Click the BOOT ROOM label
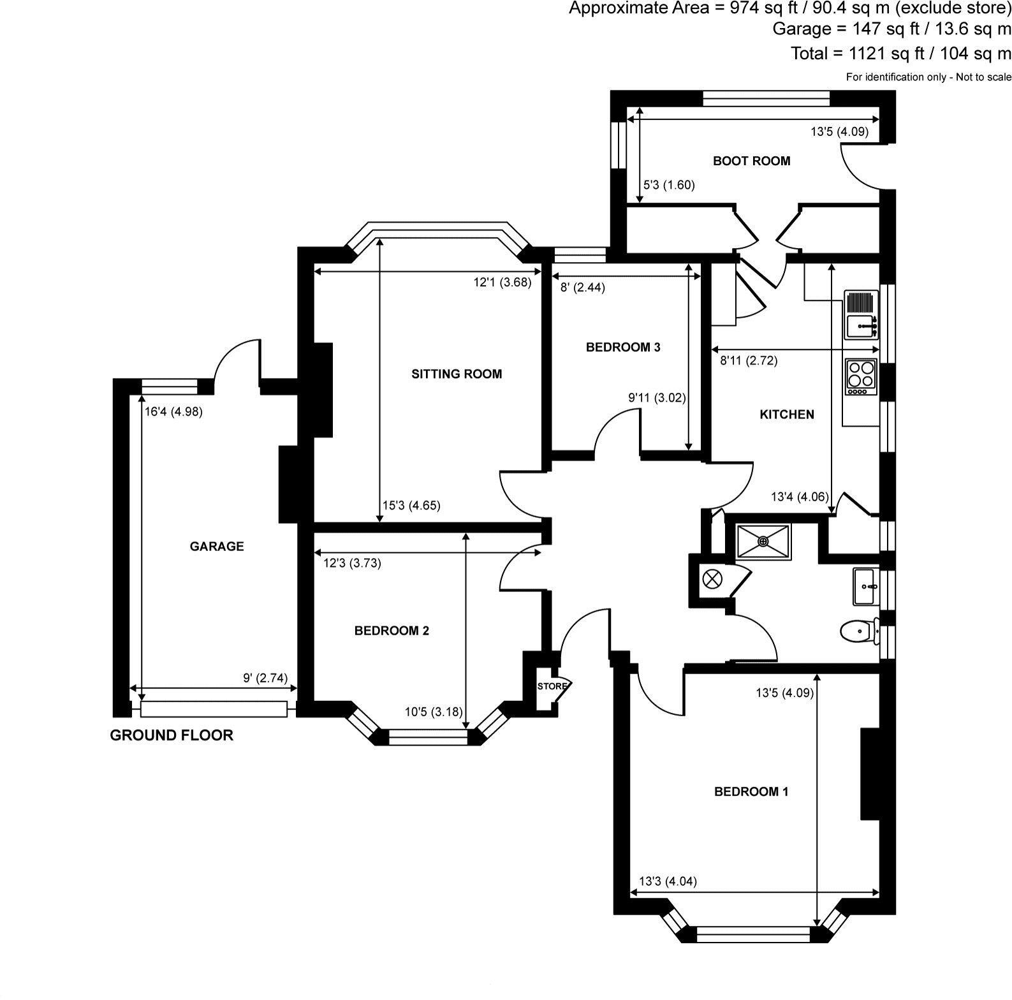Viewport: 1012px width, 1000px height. [x=751, y=161]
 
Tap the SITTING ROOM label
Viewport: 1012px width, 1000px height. [x=456, y=374]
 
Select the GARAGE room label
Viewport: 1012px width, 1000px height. [x=217, y=546]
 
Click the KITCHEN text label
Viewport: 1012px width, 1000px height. [x=787, y=415]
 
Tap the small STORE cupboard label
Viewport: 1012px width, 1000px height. [x=552, y=686]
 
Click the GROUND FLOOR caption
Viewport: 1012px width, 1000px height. [x=172, y=735]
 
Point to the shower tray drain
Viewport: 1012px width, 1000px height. [x=763, y=542]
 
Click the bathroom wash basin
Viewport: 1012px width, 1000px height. [x=865, y=586]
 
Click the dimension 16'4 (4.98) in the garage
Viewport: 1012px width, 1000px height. [x=173, y=412]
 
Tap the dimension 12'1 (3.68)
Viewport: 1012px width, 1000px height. [x=502, y=283]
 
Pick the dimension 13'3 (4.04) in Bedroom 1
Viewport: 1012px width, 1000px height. [x=668, y=882]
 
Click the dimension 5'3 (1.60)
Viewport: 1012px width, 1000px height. [x=668, y=185]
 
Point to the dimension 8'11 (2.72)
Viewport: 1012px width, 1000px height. [x=748, y=361]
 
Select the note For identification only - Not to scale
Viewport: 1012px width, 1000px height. [x=928, y=77]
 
